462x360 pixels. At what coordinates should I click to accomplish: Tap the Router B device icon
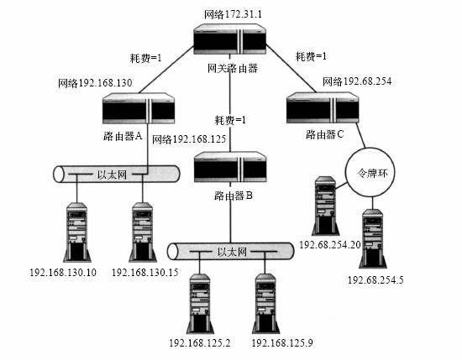pyautogui.click(x=229, y=169)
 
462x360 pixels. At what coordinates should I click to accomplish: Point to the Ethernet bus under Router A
pyautogui.click(x=117, y=175)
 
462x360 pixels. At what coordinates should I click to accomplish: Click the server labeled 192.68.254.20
pyautogui.click(x=323, y=206)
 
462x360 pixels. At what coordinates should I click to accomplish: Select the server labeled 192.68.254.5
pyautogui.click(x=373, y=238)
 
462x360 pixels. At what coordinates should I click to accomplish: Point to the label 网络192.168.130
pyautogui.click(x=95, y=84)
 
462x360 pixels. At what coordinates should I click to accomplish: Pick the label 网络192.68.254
pyautogui.click(x=357, y=82)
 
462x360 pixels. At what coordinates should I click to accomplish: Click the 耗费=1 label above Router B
pyautogui.click(x=230, y=120)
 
